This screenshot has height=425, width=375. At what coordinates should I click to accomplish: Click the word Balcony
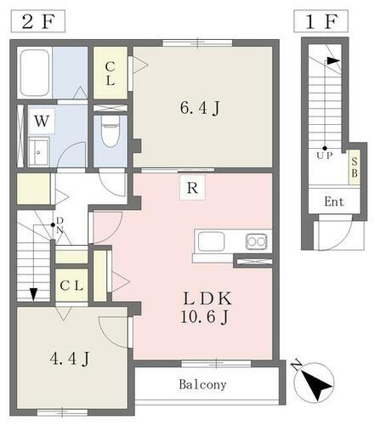coord(202,385)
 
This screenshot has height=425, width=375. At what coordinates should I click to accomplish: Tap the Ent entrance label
coord(334,201)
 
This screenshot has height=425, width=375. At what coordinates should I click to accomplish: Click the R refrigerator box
coord(192,187)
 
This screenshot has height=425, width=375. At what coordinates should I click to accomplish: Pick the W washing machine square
coord(41,121)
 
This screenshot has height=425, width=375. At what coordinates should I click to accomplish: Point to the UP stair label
coord(323,156)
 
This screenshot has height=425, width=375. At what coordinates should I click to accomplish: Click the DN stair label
coord(60,224)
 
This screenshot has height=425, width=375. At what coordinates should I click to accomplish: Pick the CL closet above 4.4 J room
coord(70,285)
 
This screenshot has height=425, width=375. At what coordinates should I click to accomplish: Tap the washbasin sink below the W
coord(38,154)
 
